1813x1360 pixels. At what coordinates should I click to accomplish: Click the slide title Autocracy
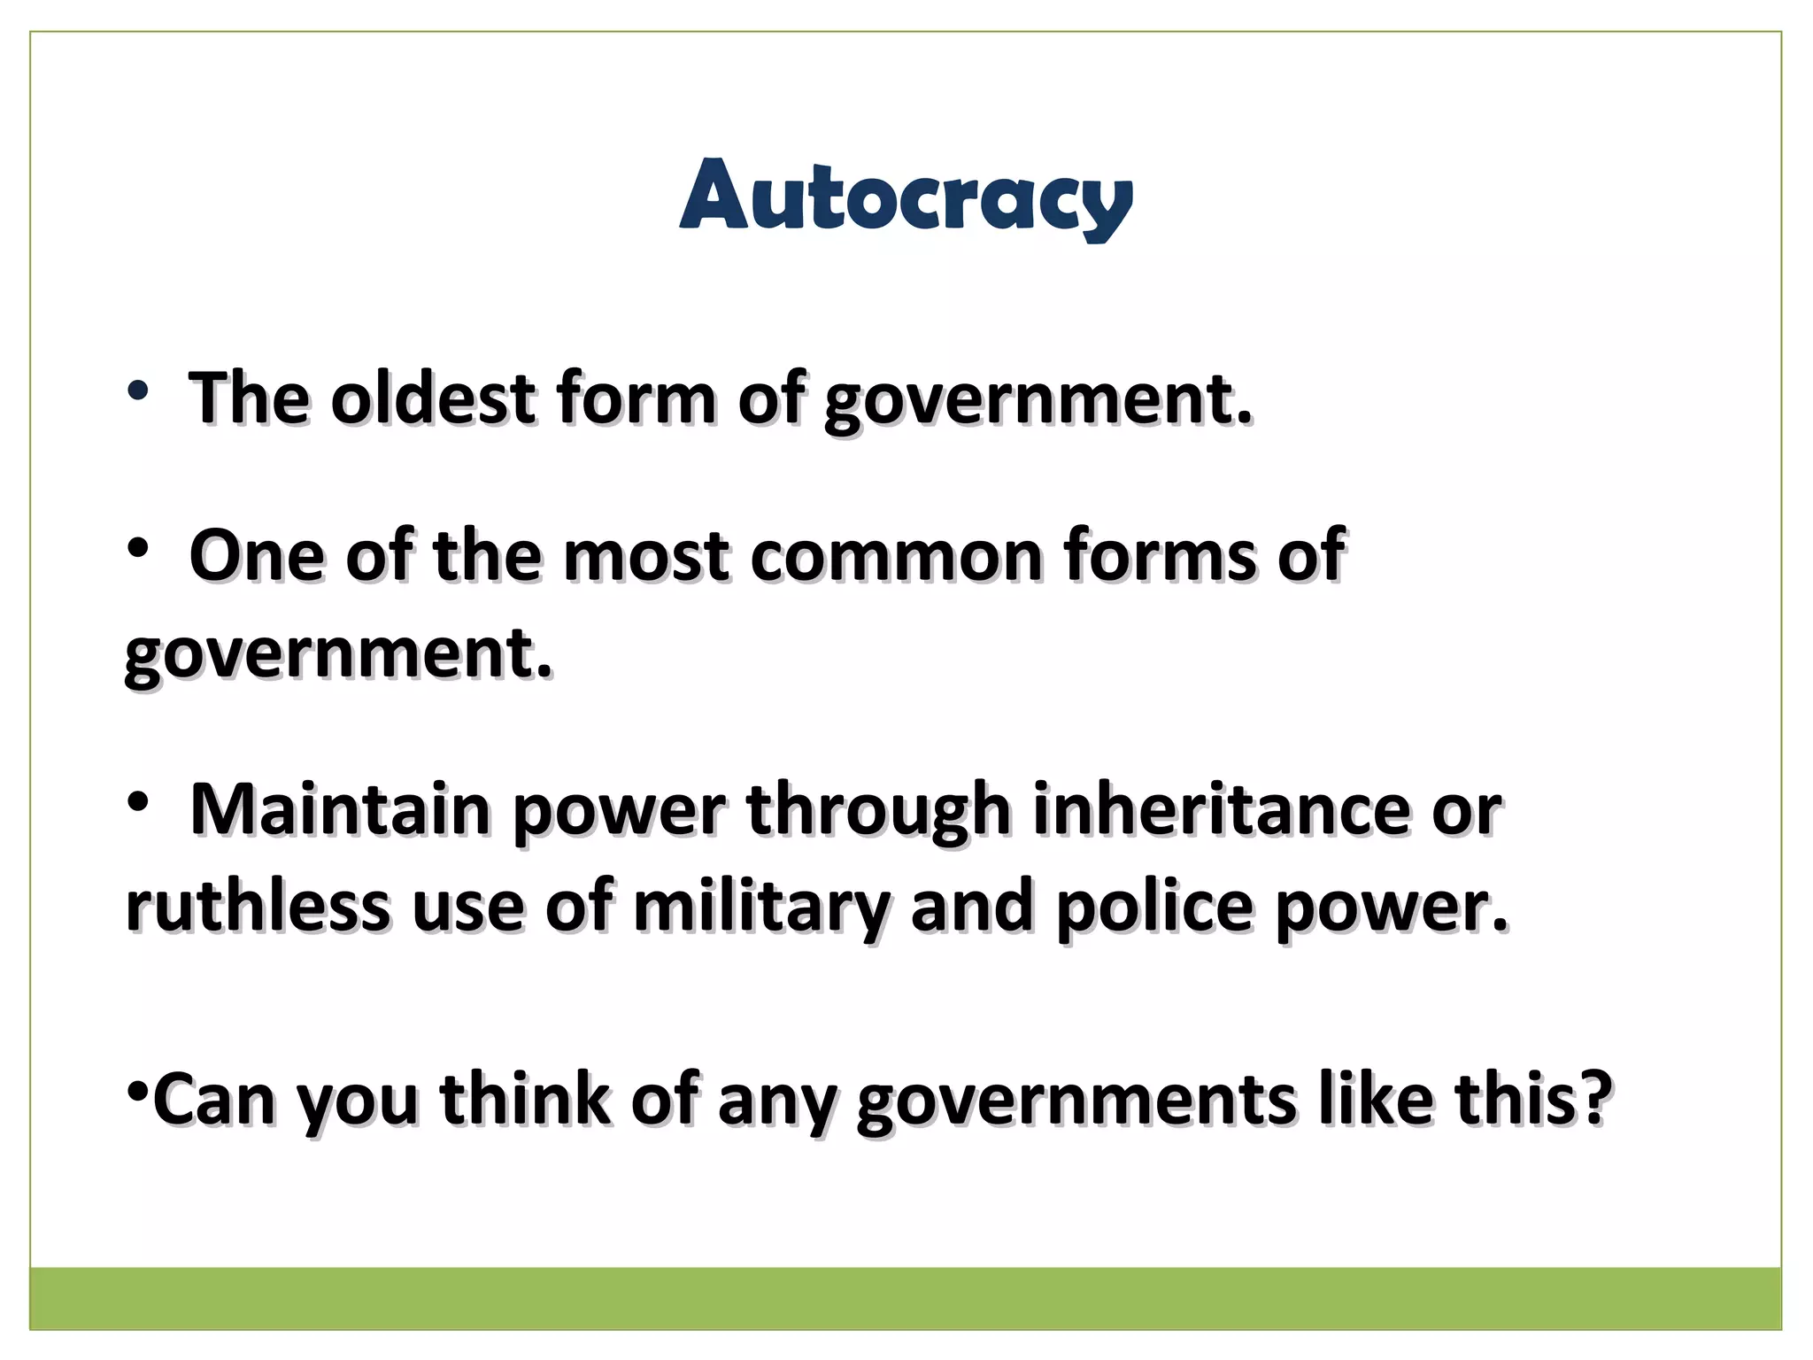pos(906,197)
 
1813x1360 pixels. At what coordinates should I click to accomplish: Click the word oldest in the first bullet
pos(433,398)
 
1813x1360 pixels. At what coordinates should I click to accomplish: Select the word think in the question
pos(524,1100)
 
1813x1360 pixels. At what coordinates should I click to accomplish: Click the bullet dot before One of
pos(137,550)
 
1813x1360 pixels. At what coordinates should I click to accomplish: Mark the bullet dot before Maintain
pos(137,803)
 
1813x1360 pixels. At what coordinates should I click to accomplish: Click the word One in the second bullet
pos(257,556)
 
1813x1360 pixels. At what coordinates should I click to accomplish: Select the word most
pos(645,556)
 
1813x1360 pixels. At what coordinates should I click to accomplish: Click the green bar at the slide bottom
pos(906,1298)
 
